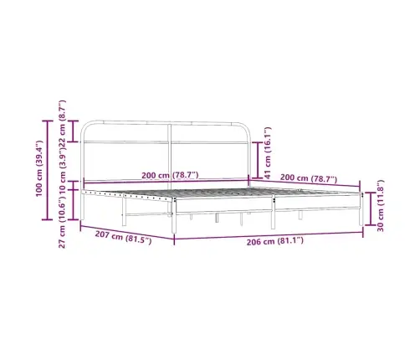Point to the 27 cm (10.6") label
pyautogui.click(x=64, y=217)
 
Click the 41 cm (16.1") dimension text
pyautogui.click(x=268, y=152)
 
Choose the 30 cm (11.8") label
pyautogui.click(x=381, y=206)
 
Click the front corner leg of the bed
pyautogui.click(x=174, y=223)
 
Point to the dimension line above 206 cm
pyautogui.click(x=268, y=233)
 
